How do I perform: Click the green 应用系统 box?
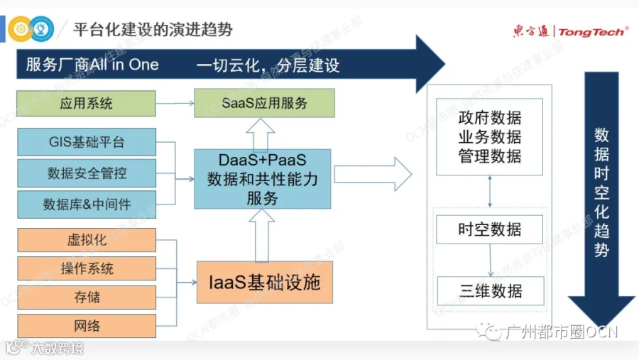pos(86,104)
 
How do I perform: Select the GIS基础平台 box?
pos(86,142)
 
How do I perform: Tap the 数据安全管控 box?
pos(86,173)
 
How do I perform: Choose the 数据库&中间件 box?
pos(86,204)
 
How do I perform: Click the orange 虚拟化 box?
pos(86,239)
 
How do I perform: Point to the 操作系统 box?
pos(86,268)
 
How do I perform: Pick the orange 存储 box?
pos(86,298)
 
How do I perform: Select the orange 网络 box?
pos(86,326)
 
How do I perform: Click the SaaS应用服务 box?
pos(264,104)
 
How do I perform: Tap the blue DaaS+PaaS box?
pos(263,178)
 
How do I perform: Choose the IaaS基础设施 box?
pos(265,283)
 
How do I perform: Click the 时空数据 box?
pos(490,229)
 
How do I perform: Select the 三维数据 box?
pos(490,291)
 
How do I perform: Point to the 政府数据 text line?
pos(490,119)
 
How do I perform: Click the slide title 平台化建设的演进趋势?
pos(153,30)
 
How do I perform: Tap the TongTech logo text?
pos(592,31)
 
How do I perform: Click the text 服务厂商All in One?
pos(92,66)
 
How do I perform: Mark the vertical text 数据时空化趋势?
pos(601,192)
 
